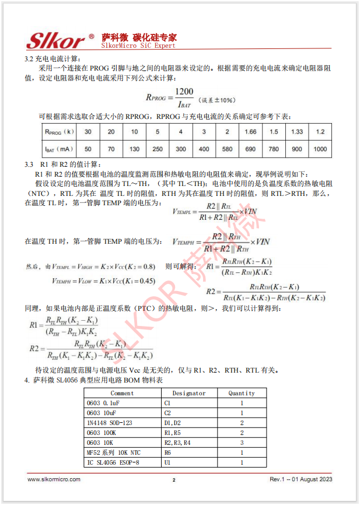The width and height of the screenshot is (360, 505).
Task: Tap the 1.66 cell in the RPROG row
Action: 250,132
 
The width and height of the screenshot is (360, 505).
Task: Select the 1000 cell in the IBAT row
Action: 320,149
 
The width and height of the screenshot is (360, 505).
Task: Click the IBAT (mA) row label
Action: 59,149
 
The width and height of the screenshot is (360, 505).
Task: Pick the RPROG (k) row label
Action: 59,132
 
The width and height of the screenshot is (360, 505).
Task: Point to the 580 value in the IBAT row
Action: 227,149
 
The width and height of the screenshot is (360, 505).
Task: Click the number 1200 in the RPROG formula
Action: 184,92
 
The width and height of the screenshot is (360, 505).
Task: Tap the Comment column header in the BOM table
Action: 122,393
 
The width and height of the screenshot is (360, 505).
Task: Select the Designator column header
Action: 188,393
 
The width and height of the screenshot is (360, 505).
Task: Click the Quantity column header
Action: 241,393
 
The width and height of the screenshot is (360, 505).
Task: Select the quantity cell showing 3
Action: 241,443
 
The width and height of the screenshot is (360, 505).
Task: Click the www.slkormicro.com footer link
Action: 54,479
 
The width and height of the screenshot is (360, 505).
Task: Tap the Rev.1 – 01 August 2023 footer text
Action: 300,479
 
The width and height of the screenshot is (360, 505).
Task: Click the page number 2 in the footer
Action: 173,480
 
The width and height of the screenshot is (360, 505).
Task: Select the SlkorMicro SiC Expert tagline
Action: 138,45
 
